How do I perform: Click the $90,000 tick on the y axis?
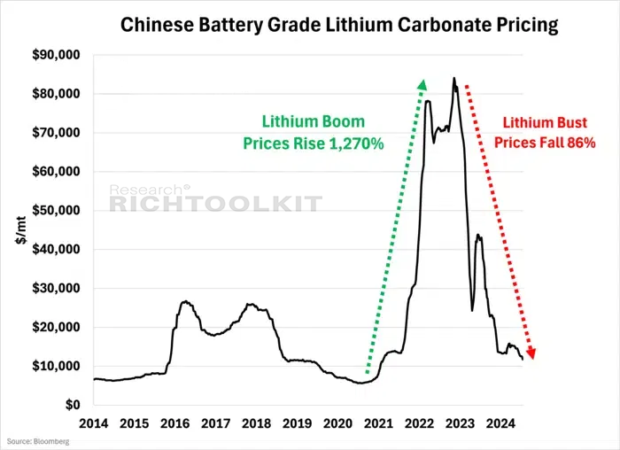(56, 55)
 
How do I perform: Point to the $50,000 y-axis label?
(56, 210)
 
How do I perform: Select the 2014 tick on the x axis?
(94, 423)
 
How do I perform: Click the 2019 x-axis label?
(298, 423)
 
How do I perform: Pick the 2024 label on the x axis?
(501, 423)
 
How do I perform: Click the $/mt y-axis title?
(21, 230)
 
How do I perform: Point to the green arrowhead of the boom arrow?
(422, 85)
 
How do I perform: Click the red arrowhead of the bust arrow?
(531, 353)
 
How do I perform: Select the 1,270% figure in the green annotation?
(356, 144)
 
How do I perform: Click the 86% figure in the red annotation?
(582, 143)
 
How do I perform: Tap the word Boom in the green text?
(343, 121)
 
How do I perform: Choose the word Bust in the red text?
(571, 122)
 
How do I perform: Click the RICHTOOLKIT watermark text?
(215, 204)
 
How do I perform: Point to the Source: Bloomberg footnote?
(38, 441)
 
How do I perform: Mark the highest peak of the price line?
(453, 78)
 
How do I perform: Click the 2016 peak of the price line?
(185, 302)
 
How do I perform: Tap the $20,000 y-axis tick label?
(56, 327)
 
